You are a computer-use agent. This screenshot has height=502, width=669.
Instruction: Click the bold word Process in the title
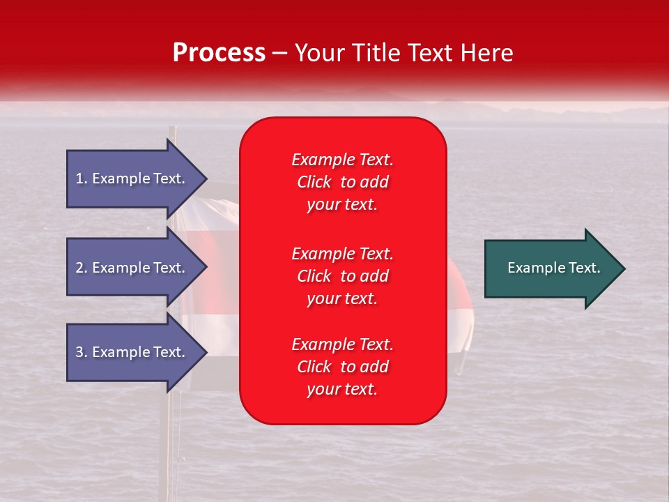point(219,53)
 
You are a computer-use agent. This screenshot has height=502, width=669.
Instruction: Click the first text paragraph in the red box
point(342,182)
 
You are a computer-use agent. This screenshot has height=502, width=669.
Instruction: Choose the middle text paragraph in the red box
point(342,276)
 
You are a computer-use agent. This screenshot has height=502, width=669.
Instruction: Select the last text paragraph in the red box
point(342,367)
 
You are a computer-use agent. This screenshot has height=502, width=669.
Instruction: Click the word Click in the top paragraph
point(314,182)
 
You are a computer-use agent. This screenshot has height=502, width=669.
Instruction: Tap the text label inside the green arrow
point(553,268)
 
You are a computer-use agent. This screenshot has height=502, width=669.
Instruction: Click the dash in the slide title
point(279,54)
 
